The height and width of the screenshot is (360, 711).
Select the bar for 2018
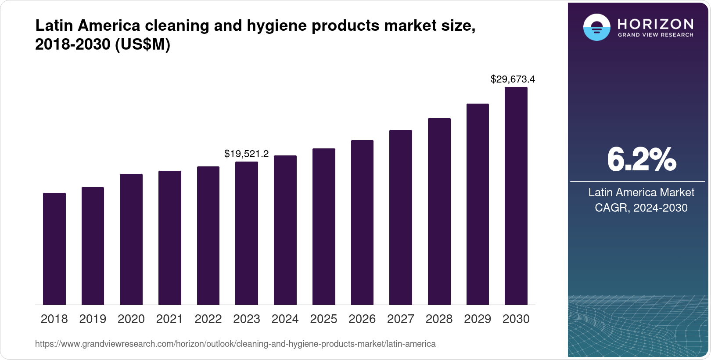pyautogui.click(x=54, y=248)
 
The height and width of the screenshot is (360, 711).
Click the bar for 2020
pyautogui.click(x=131, y=239)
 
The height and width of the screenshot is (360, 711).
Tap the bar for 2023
pyautogui.click(x=246, y=233)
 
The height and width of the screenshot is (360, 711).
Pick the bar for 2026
pyautogui.click(x=362, y=222)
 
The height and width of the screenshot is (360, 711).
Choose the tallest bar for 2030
pyautogui.click(x=516, y=196)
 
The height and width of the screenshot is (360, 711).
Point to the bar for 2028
pyautogui.click(x=439, y=211)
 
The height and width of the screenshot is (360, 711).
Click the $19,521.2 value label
pyautogui.click(x=246, y=154)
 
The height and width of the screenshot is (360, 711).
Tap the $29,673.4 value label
pyautogui.click(x=512, y=79)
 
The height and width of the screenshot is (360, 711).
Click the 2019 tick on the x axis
pyautogui.click(x=93, y=319)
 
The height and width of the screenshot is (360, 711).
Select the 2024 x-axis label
pyautogui.click(x=285, y=319)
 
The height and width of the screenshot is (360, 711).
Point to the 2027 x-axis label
pyautogui.click(x=400, y=319)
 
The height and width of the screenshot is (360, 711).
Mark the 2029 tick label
pyautogui.click(x=478, y=319)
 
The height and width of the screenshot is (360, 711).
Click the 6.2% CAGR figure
pyautogui.click(x=641, y=160)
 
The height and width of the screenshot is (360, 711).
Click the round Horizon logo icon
pyautogui.click(x=596, y=27)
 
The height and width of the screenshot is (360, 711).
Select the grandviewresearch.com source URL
pyautogui.click(x=235, y=344)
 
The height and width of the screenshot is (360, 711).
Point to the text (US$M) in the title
pyautogui.click(x=142, y=44)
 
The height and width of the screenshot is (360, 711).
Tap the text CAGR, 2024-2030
pyautogui.click(x=641, y=208)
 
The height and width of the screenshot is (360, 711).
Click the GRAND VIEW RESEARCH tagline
pyautogui.click(x=656, y=35)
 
